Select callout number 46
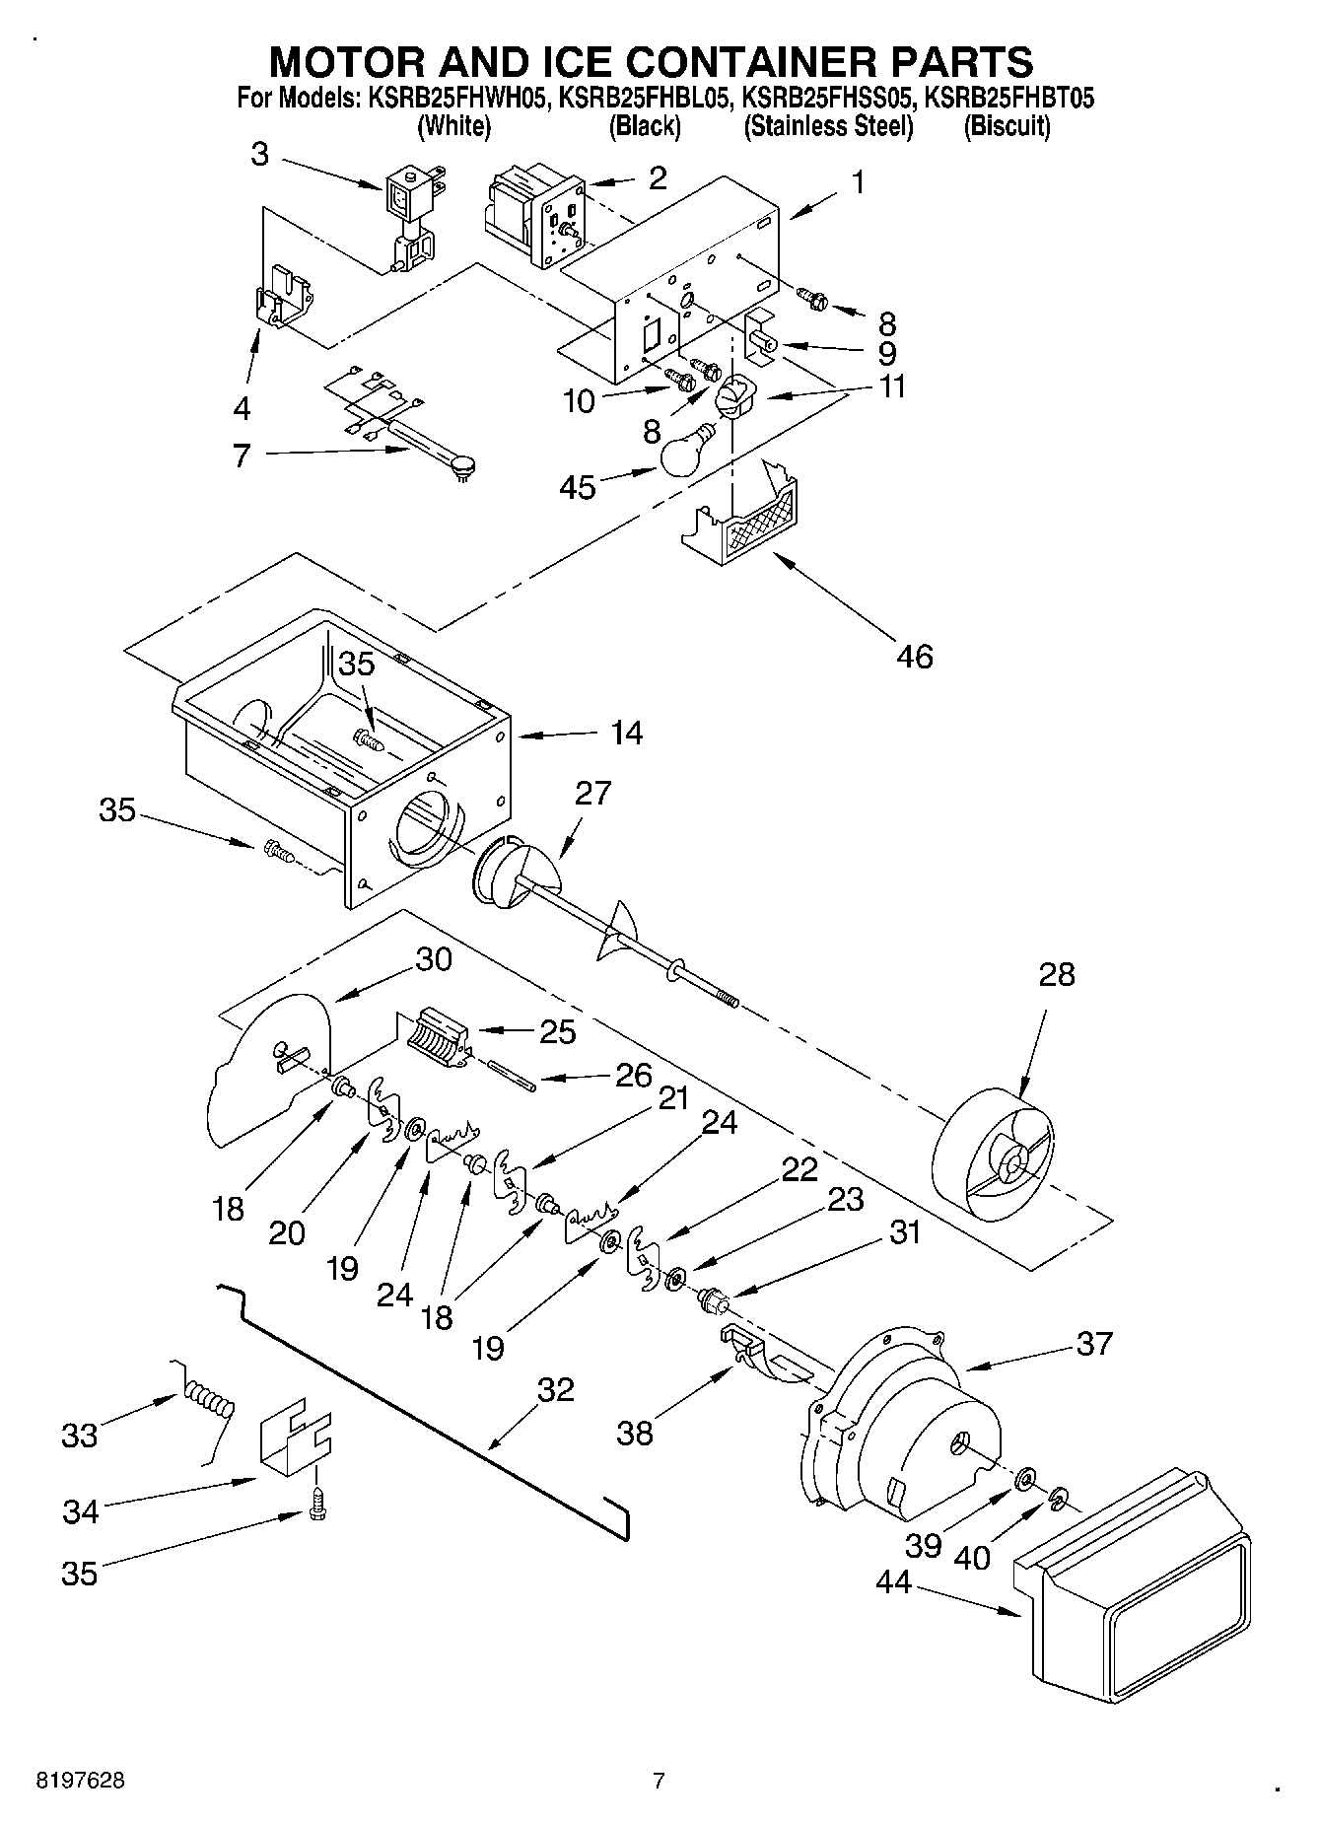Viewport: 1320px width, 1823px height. click(x=915, y=656)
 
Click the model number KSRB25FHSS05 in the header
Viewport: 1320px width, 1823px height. click(x=828, y=99)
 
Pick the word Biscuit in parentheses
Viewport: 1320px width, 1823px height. click(x=1007, y=126)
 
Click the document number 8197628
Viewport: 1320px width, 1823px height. click(x=81, y=1780)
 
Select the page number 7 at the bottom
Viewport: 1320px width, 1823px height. click(x=659, y=1780)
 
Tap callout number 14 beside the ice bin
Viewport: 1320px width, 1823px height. click(x=626, y=733)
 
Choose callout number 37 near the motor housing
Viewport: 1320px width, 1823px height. click(x=1094, y=1343)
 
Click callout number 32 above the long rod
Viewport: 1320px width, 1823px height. click(x=555, y=1389)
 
